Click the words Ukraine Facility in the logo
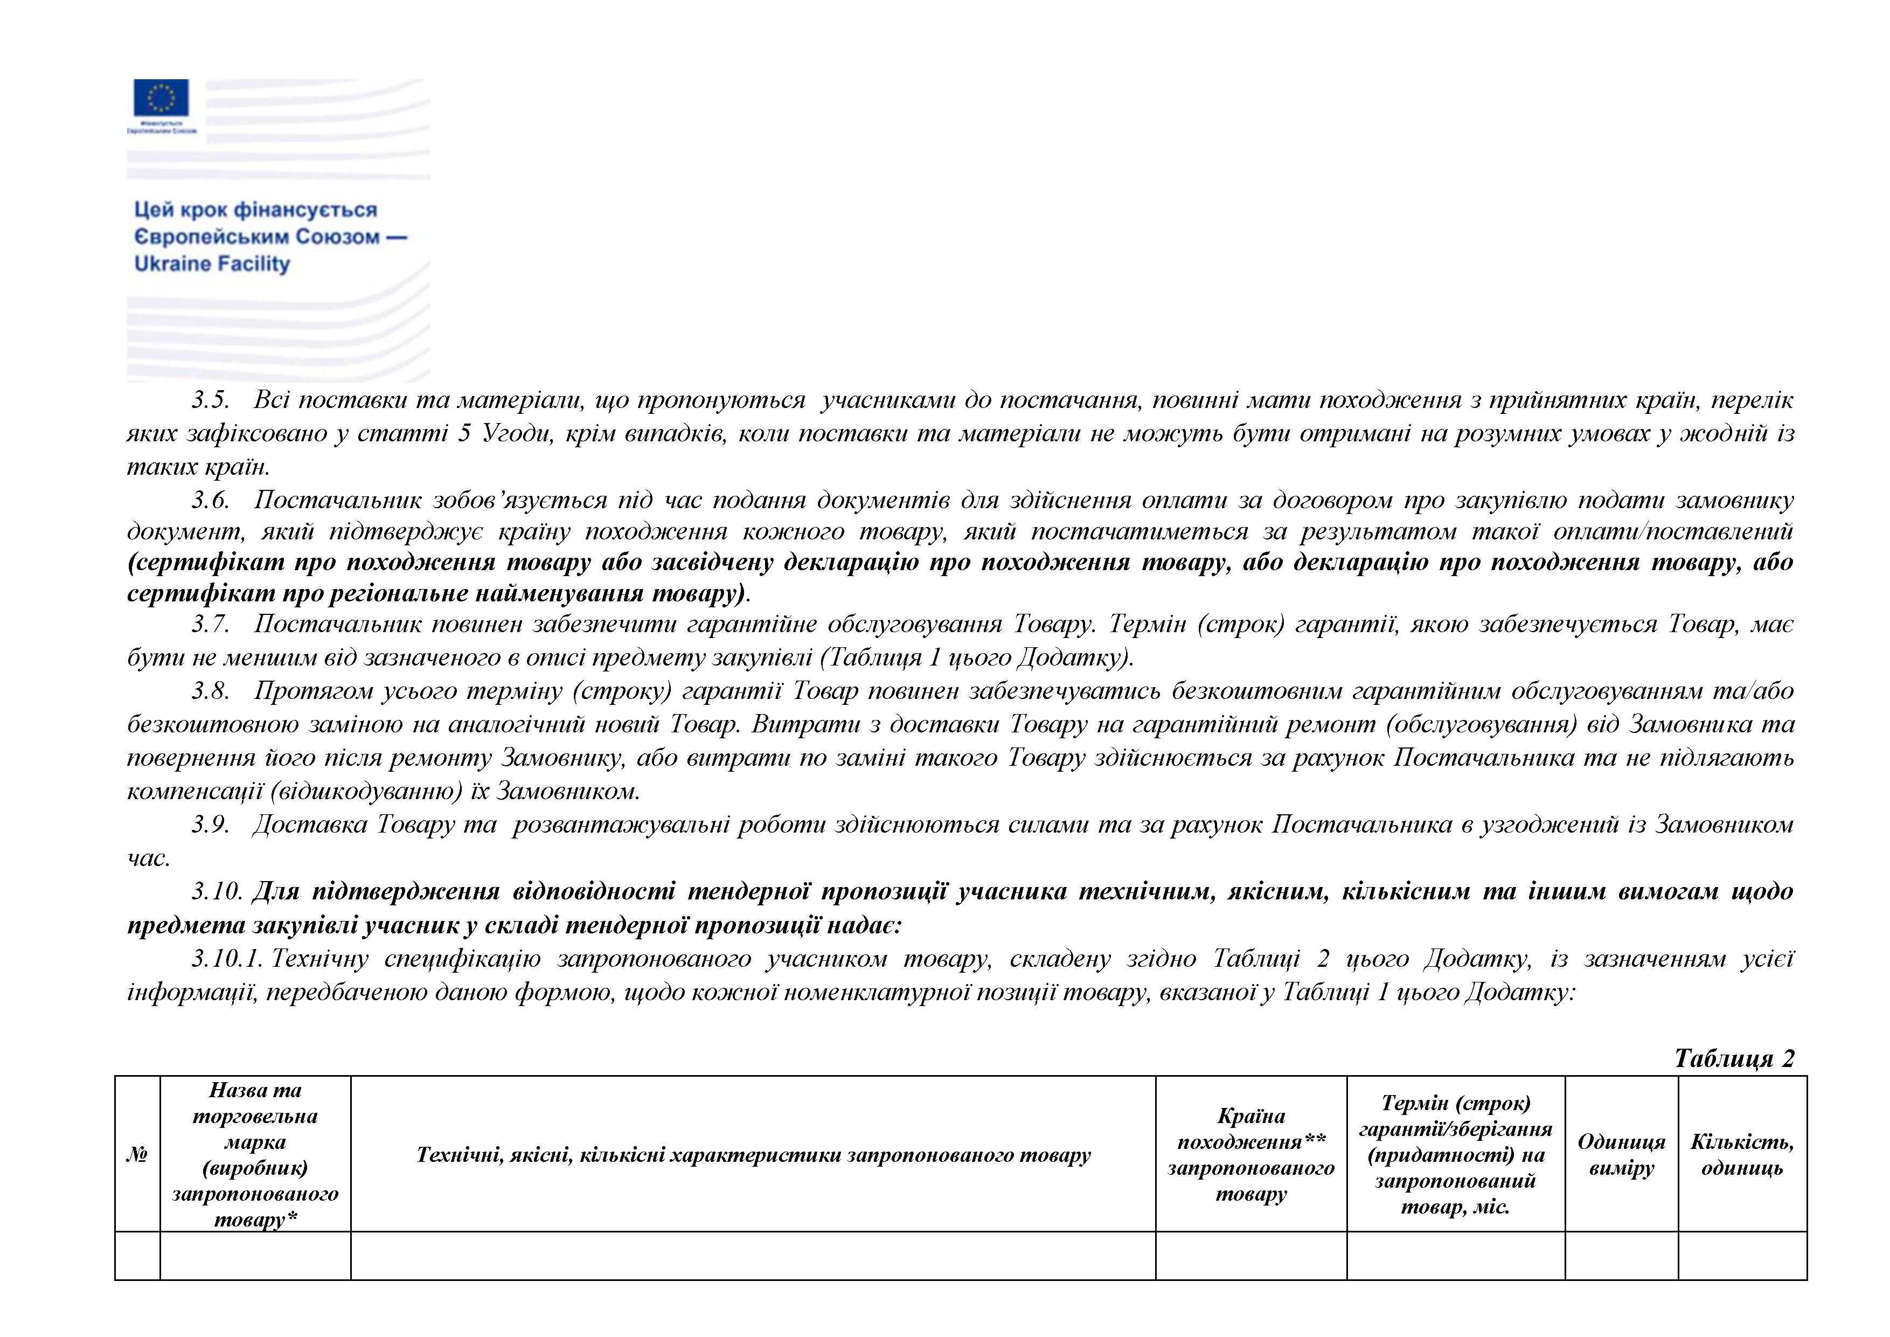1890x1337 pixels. click(x=212, y=264)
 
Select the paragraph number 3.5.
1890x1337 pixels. click(x=210, y=400)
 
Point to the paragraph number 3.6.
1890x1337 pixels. click(x=210, y=500)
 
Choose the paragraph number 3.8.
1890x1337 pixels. click(x=210, y=691)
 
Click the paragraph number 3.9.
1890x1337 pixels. click(x=210, y=824)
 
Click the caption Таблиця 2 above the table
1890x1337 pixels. click(x=1734, y=1058)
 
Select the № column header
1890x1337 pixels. click(x=137, y=1154)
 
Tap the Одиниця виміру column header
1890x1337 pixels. click(x=1621, y=1154)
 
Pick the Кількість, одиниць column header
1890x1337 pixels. click(x=1742, y=1154)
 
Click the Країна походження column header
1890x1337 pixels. click(x=1250, y=1154)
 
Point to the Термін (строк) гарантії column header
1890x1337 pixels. click(x=1455, y=1154)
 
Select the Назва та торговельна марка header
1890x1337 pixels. click(x=255, y=1154)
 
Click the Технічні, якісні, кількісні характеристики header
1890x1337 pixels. click(x=753, y=1154)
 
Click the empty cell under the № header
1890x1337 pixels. click(x=137, y=1256)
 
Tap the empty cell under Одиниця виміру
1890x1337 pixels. click(x=1621, y=1256)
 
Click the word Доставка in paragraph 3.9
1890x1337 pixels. click(x=309, y=824)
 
